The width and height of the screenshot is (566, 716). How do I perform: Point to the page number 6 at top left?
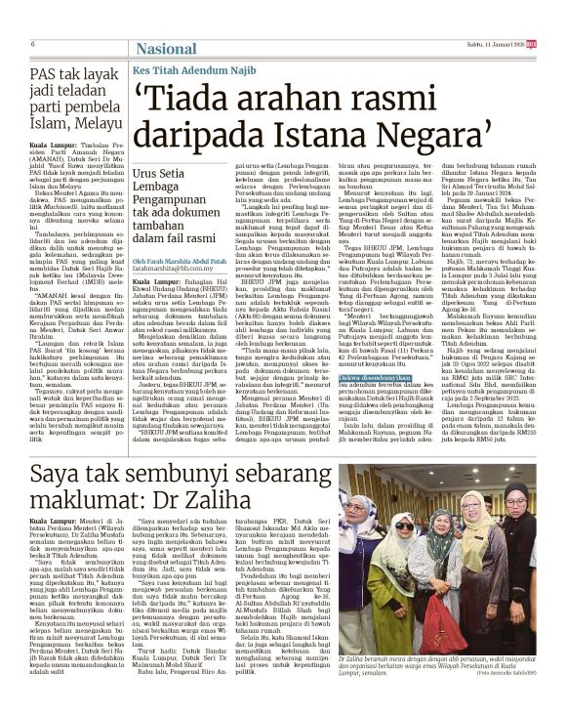[x=33, y=44]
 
